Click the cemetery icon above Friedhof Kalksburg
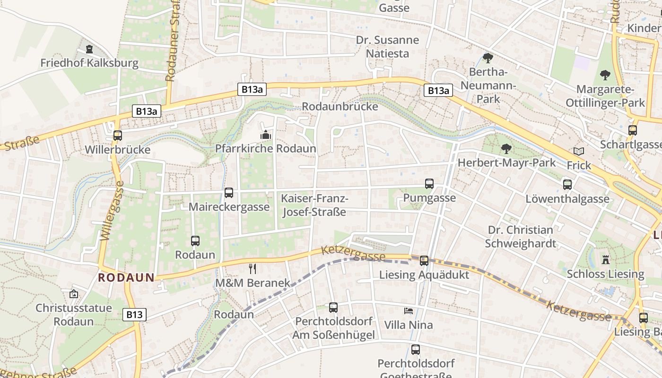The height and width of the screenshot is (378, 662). coord(89,49)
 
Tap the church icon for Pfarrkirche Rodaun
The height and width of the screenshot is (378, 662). coord(266,135)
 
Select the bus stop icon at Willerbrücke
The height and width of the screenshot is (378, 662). coord(118,136)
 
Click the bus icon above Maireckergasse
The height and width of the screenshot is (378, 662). coord(229,193)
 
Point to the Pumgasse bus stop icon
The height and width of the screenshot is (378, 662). coord(429,184)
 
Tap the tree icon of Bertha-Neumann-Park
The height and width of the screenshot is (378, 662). coord(488,58)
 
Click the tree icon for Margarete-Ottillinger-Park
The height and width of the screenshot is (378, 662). coord(605,75)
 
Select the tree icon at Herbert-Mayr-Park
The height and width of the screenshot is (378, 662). coord(506,149)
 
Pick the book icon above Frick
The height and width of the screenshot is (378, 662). coord(579,152)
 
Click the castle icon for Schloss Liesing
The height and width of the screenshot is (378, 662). coord(606,259)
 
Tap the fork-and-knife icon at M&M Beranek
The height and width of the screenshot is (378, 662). coord(253,269)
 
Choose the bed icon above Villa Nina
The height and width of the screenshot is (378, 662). coord(409,311)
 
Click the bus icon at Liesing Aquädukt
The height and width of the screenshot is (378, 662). coord(424,260)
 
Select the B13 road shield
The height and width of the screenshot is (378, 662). coord(135,315)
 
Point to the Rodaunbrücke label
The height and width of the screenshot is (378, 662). coord(340,106)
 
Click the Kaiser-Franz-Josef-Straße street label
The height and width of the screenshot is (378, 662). coord(314,206)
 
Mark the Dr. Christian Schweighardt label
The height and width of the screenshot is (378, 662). coord(521,237)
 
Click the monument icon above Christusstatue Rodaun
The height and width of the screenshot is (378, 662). coord(74,294)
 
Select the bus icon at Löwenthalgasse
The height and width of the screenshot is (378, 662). coord(567,185)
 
